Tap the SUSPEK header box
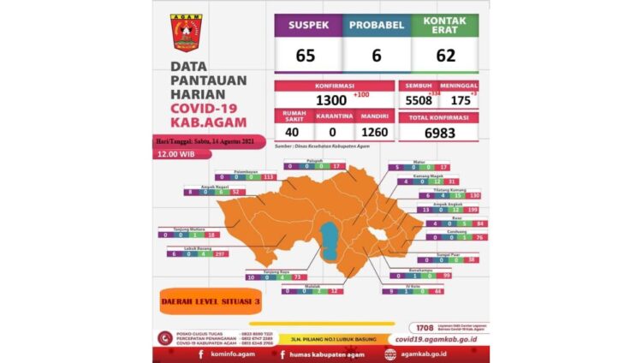click(308, 26)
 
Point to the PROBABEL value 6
click(376, 57)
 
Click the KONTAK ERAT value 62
click(444, 57)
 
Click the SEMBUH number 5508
click(419, 100)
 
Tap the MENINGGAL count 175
click(459, 100)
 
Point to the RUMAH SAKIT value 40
click(293, 133)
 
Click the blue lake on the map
click(329, 239)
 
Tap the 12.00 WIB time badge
click(175, 155)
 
